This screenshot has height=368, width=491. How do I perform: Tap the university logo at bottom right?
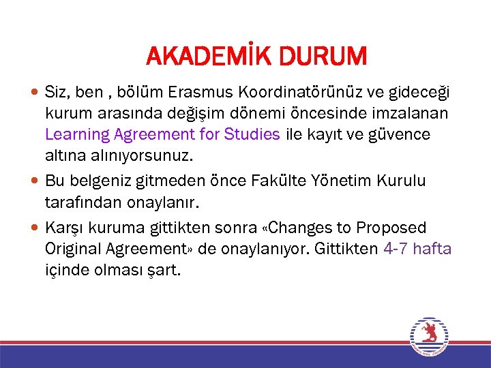428,337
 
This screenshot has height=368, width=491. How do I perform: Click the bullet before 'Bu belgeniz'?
35,181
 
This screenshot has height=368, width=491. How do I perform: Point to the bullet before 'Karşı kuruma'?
35,227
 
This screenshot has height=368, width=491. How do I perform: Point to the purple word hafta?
432,248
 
